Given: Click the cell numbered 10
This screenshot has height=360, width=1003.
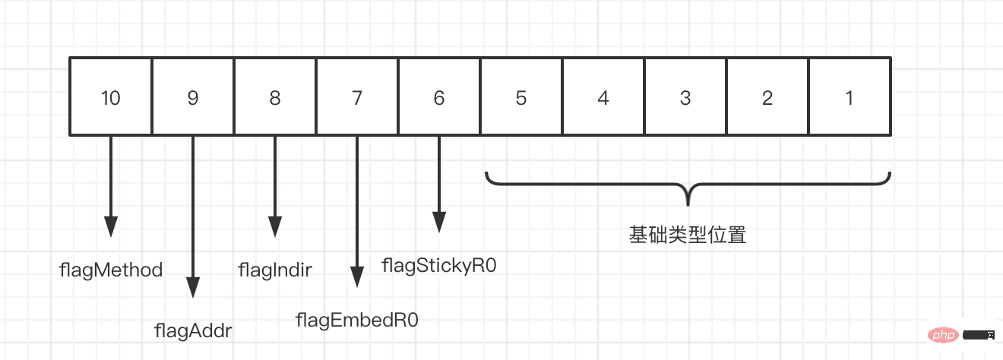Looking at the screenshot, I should coord(111,97).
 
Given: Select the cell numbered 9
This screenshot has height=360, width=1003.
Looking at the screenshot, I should coord(193,97).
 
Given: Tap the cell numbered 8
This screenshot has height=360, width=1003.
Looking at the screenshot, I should coord(275,97).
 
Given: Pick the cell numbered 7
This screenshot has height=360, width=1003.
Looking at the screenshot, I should coord(357,97).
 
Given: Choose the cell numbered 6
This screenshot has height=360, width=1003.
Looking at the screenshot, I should coord(439,97).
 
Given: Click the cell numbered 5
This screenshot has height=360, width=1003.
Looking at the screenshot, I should coord(521,97).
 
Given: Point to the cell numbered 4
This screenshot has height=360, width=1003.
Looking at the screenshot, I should coord(603,97).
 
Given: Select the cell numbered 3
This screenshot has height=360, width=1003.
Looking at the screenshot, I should coord(685,97).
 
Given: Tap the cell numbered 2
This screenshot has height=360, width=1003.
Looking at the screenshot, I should coord(767,97).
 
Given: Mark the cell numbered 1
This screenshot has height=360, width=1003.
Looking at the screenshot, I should coord(850,97).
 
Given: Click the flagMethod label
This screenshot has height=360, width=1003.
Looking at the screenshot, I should coord(111,270).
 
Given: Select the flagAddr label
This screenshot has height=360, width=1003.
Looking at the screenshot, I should coord(193,330).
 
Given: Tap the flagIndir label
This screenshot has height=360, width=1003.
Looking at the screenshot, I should coord(275,270).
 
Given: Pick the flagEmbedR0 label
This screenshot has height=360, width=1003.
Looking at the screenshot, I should coord(357,320).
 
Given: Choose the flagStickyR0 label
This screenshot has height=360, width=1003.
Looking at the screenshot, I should coord(439,265).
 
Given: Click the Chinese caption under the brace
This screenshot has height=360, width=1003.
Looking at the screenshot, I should coord(688,235).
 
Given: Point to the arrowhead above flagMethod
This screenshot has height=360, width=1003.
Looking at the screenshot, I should coord(111,226).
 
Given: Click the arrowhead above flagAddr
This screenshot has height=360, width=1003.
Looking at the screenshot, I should coord(193,287).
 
